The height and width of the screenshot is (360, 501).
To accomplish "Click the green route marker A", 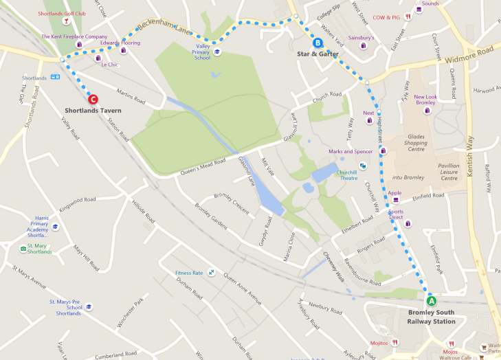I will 432,300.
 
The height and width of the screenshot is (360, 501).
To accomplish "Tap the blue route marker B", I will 318,41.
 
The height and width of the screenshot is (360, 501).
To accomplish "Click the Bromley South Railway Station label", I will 431,317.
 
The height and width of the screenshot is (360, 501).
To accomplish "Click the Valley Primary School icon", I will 217,52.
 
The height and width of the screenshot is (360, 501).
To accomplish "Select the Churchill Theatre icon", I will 363,166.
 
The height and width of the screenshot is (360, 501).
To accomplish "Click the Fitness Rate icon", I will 212,273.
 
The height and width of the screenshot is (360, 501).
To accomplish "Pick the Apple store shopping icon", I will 396,200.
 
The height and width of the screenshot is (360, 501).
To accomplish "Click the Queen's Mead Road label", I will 203,167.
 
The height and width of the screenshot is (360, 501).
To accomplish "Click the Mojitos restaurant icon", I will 394,342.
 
